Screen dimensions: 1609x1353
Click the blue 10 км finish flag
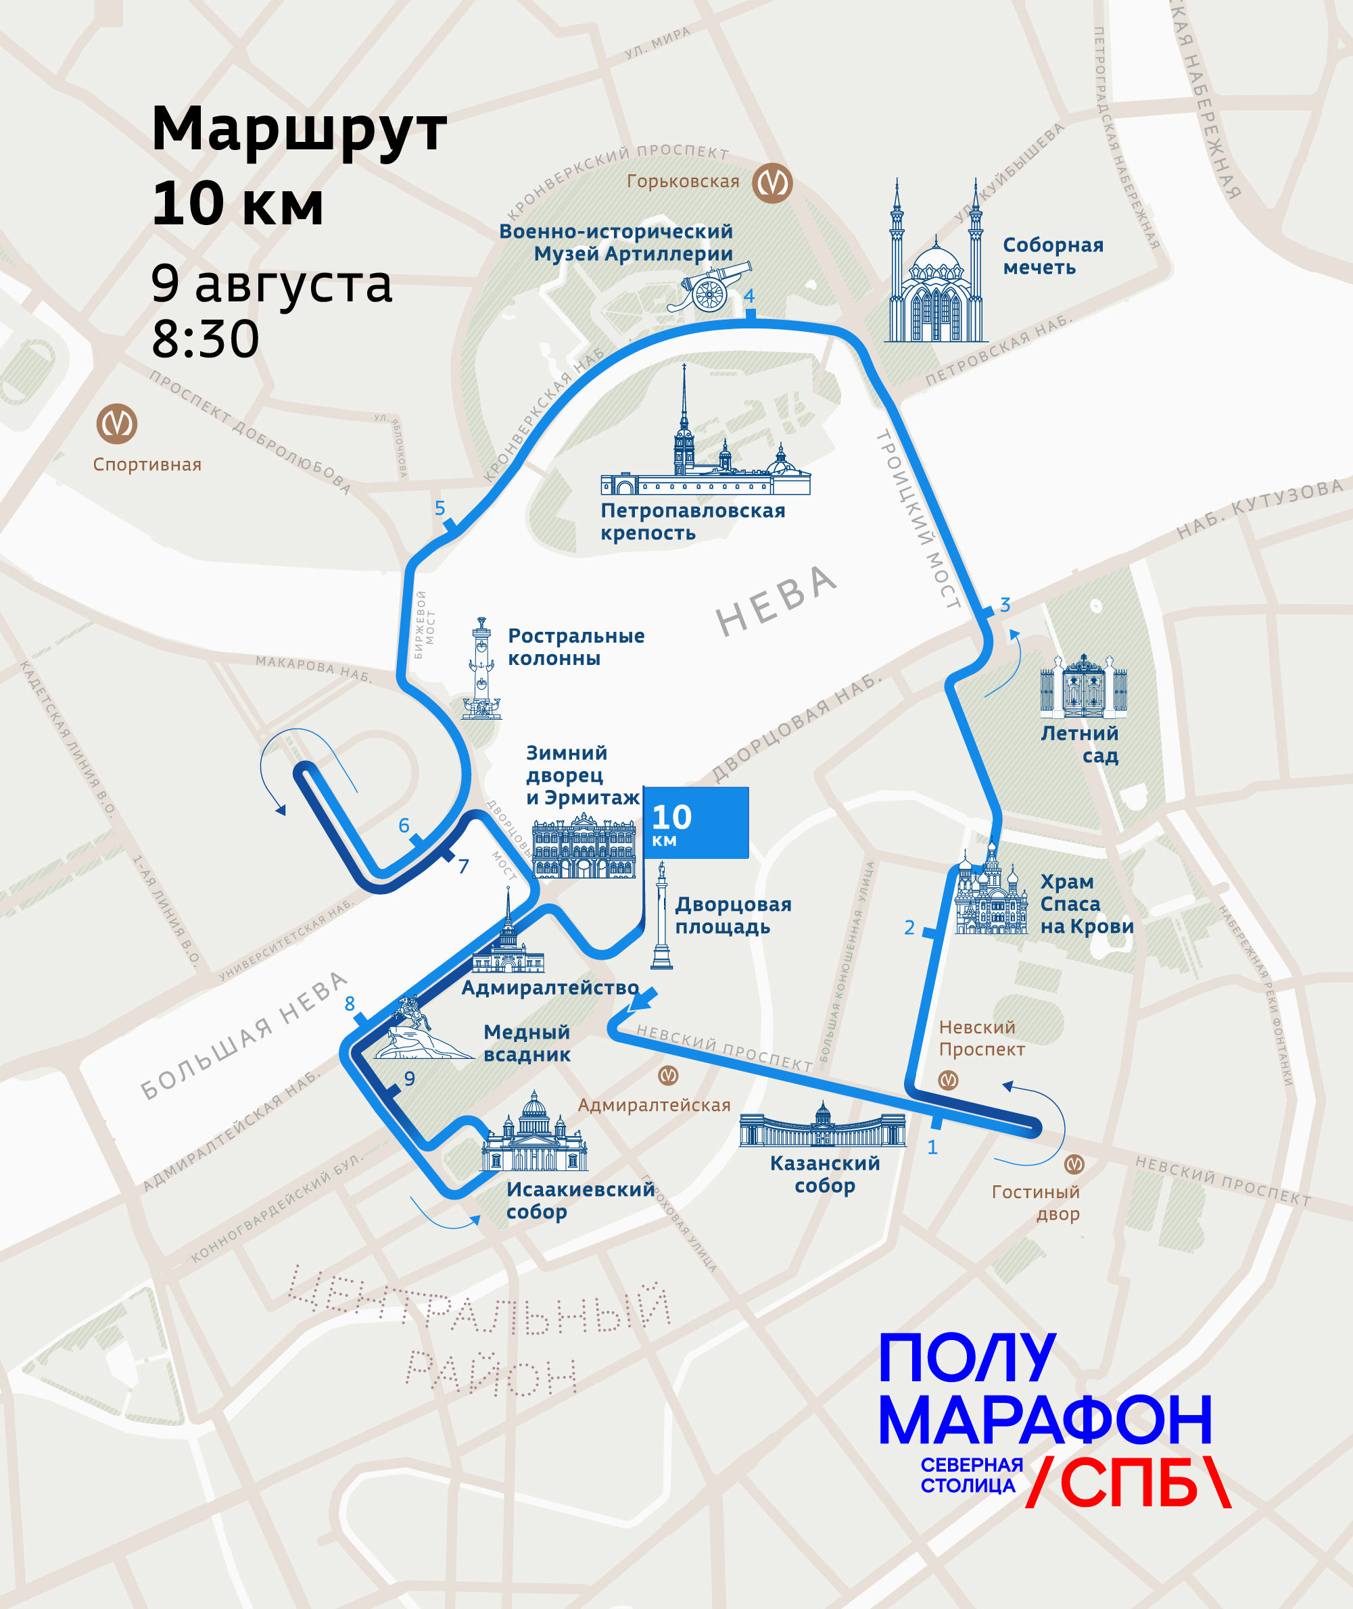point(696,822)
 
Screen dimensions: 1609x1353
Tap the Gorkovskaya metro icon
point(772,183)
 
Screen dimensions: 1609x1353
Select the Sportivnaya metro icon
point(116,424)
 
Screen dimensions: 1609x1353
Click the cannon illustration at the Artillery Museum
point(710,287)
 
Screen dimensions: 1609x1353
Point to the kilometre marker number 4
point(749,296)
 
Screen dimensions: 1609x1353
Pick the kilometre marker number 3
point(1005,604)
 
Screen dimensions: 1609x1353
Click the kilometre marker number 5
point(440,508)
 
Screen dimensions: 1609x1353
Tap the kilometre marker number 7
point(463,866)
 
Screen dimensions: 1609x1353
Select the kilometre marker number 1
point(932,1147)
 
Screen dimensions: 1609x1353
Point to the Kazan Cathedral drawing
point(822,1125)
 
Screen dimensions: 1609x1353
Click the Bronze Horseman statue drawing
point(419,1031)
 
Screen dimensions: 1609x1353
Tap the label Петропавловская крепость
point(692,521)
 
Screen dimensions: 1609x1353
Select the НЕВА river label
point(776,601)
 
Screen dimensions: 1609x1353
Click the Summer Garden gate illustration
point(1083,686)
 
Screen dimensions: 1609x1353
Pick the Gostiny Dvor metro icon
point(1074,1164)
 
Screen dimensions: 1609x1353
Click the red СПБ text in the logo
point(1129,1482)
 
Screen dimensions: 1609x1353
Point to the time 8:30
point(206,339)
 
